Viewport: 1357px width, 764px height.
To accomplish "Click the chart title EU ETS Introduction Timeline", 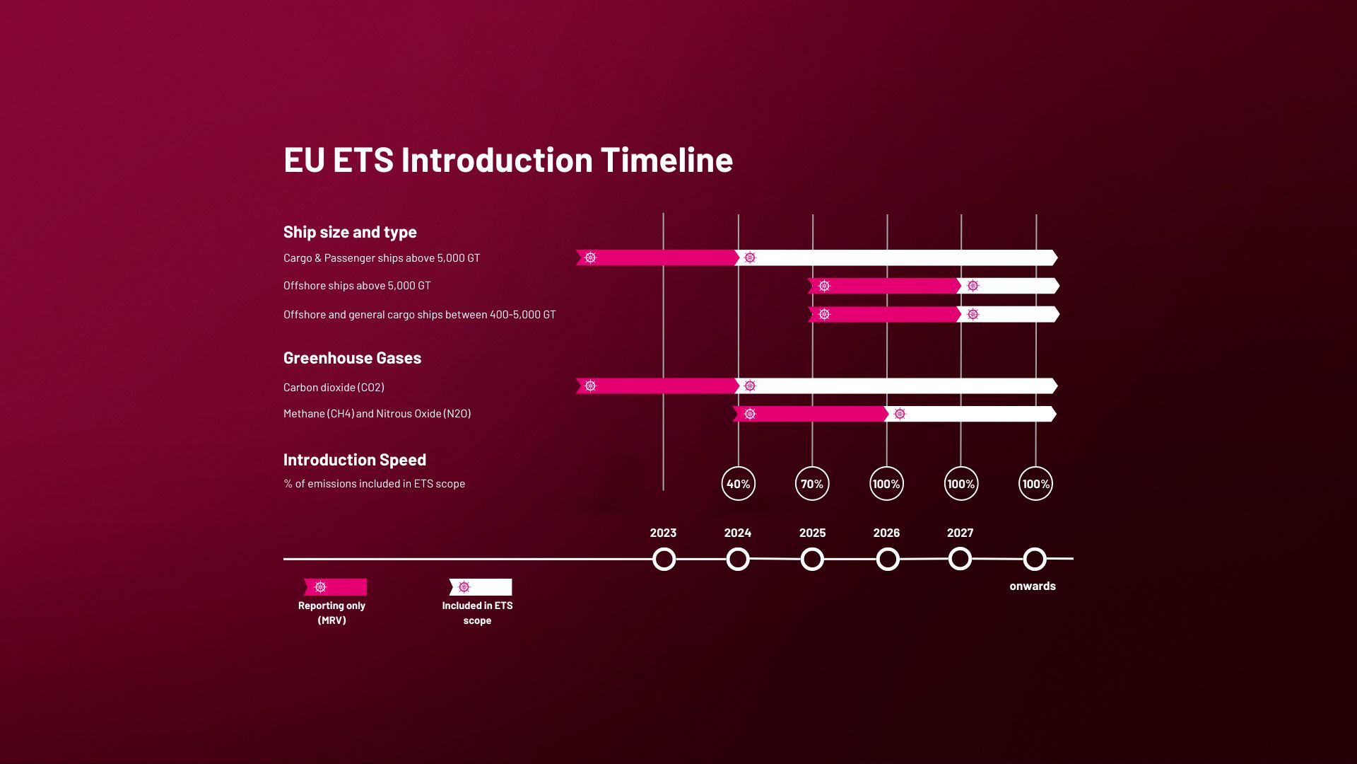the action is (x=508, y=160).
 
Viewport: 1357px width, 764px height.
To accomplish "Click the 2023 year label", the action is (x=663, y=533).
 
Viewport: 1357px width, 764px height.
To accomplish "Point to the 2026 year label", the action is (x=886, y=533).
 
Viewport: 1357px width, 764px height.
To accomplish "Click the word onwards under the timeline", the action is (x=1033, y=586).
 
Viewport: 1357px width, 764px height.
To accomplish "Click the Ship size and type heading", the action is (x=350, y=232).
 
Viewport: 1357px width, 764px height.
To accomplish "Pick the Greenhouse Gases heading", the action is (x=352, y=358).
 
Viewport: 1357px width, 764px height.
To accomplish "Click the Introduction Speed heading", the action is (x=355, y=460).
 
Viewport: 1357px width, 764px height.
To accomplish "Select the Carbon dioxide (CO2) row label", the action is (x=334, y=387).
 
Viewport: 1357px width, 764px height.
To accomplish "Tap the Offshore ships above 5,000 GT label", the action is (x=357, y=286).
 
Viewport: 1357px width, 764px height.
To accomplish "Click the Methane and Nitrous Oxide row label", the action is (x=377, y=414).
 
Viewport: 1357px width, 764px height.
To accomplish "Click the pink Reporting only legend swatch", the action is (x=335, y=587).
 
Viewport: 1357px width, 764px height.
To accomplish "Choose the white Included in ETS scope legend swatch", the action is (x=481, y=587).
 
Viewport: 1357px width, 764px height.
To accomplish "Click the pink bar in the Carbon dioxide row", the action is (x=657, y=386).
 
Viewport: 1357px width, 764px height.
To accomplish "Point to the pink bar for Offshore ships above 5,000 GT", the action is (x=884, y=286).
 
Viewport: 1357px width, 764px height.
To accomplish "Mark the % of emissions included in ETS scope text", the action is (x=374, y=484).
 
